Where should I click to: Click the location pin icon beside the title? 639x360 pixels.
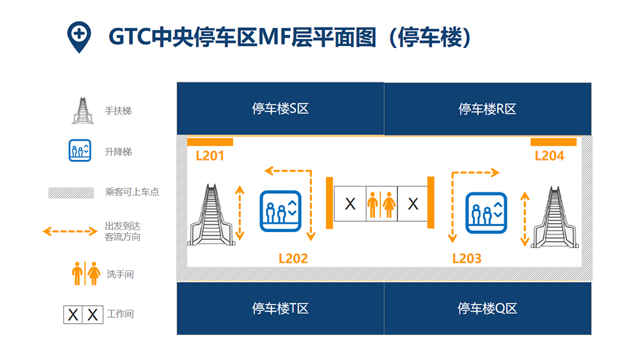(x=79, y=36)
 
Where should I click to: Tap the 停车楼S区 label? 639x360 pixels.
(x=281, y=109)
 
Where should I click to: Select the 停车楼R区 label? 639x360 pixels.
(x=488, y=109)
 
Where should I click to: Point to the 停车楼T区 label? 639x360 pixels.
(x=281, y=308)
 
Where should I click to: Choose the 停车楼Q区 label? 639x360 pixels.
(x=488, y=308)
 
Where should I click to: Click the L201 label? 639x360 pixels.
(x=210, y=156)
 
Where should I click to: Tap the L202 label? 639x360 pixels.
(x=293, y=258)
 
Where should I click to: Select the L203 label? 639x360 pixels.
(x=467, y=258)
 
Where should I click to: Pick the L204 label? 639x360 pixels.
(x=550, y=156)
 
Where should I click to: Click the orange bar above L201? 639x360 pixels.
(x=210, y=142)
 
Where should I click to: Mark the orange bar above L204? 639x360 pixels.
(x=553, y=142)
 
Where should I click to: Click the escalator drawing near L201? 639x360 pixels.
(x=211, y=215)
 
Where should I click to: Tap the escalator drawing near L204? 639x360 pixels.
(x=555, y=217)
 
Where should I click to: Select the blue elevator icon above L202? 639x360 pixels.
(x=281, y=211)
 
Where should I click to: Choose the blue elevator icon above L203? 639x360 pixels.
(x=486, y=213)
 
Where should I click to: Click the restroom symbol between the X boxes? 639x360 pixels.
(x=381, y=204)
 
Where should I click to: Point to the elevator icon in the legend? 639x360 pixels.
(x=80, y=150)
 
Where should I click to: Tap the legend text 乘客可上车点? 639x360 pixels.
(x=132, y=192)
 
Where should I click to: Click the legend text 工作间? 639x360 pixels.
(x=120, y=314)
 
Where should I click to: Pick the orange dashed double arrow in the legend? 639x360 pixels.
(x=70, y=231)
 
